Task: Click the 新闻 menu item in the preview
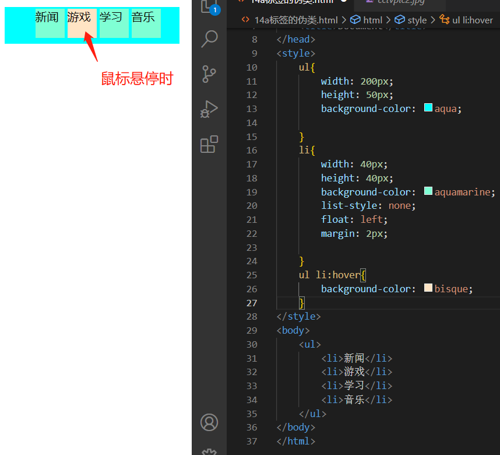coord(50,23)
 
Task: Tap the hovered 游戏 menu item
coord(82,23)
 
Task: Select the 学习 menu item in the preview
coord(114,23)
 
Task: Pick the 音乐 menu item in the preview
coord(146,23)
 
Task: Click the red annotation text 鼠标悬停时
coord(137,79)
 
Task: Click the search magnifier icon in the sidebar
coord(209,39)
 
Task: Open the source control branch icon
coord(209,74)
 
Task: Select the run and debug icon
coord(209,109)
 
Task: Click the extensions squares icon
coord(209,144)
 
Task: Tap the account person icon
coord(209,422)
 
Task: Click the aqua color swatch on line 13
coord(428,108)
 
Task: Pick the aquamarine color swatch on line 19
coord(428,191)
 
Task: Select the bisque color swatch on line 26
coord(428,288)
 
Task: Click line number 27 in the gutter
coord(251,303)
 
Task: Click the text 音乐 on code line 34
coord(354,400)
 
